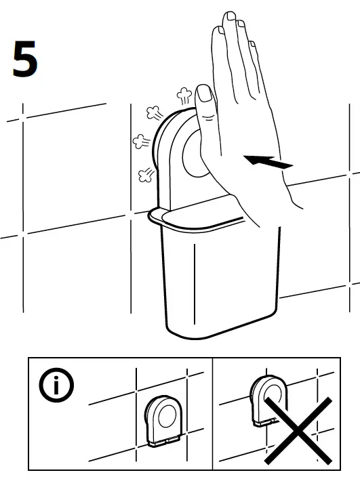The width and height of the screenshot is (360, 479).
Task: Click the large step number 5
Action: point(25,59)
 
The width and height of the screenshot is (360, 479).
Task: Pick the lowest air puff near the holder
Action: point(144,175)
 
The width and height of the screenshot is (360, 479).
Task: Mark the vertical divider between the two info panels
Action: point(214,413)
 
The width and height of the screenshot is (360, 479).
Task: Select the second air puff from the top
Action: point(154,112)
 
